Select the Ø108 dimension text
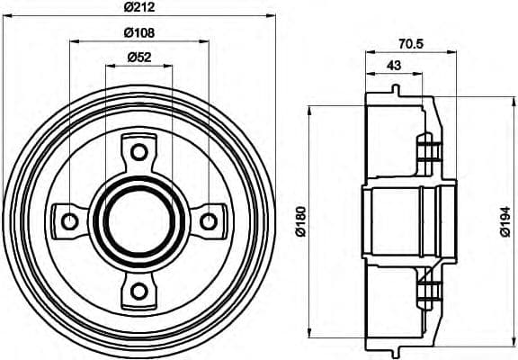point(139,34)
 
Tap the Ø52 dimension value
point(139,58)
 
